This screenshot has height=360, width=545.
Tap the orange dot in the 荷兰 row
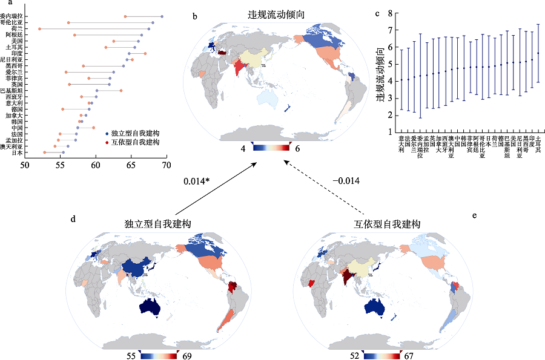coord(39,28)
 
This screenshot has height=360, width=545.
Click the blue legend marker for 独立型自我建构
coord(107,133)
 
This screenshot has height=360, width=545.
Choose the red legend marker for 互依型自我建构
coord(107,142)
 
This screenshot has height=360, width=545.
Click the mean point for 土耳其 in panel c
coord(538,53)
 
